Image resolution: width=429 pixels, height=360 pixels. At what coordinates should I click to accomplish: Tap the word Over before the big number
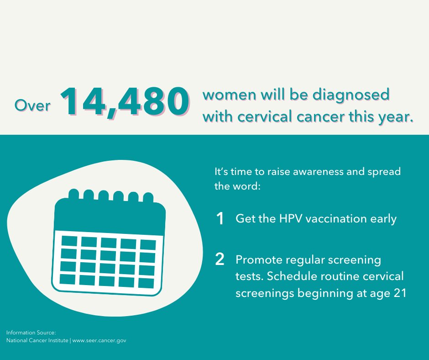pyautogui.click(x=32, y=106)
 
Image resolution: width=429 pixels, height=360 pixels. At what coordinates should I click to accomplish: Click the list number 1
pyautogui.click(x=220, y=219)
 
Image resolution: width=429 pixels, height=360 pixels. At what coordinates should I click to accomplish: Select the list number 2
pyautogui.click(x=220, y=260)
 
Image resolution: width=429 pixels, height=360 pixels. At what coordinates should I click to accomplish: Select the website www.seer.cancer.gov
pyautogui.click(x=99, y=340)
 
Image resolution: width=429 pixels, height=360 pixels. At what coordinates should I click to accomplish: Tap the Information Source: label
pyautogui.click(x=31, y=333)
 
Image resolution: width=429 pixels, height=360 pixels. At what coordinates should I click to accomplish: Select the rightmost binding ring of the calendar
pyautogui.click(x=148, y=198)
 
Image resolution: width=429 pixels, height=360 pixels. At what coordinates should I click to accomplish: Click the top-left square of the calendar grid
pyautogui.click(x=69, y=240)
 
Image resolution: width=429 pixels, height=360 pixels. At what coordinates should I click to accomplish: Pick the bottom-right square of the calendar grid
pyautogui.click(x=146, y=283)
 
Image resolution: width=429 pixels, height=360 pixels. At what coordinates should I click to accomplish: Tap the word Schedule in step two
pyautogui.click(x=294, y=277)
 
